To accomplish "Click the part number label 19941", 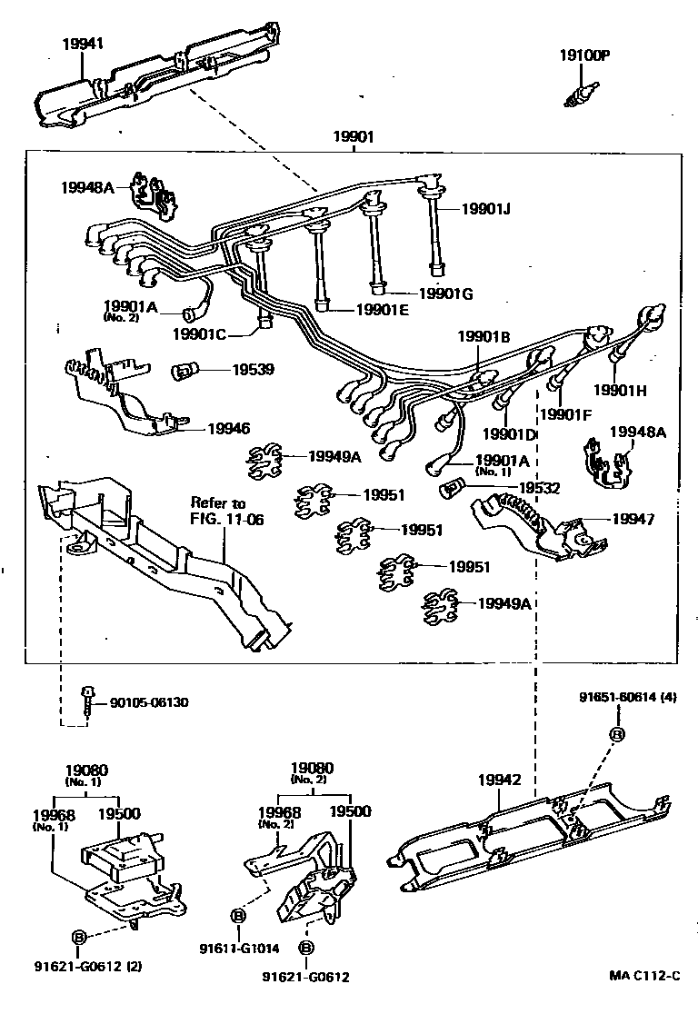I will (x=84, y=43).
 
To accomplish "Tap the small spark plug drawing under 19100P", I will (x=578, y=94).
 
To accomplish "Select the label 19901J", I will (x=485, y=209).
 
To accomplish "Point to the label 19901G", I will (x=446, y=293).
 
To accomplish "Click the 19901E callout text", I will (x=383, y=311).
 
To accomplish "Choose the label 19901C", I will (x=202, y=333).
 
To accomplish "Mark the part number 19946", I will (x=229, y=427).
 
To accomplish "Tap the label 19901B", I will (x=484, y=336).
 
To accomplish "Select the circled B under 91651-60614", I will (x=616, y=734).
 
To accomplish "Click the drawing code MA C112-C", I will (x=644, y=976).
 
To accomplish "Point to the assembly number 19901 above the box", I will (x=354, y=137).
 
